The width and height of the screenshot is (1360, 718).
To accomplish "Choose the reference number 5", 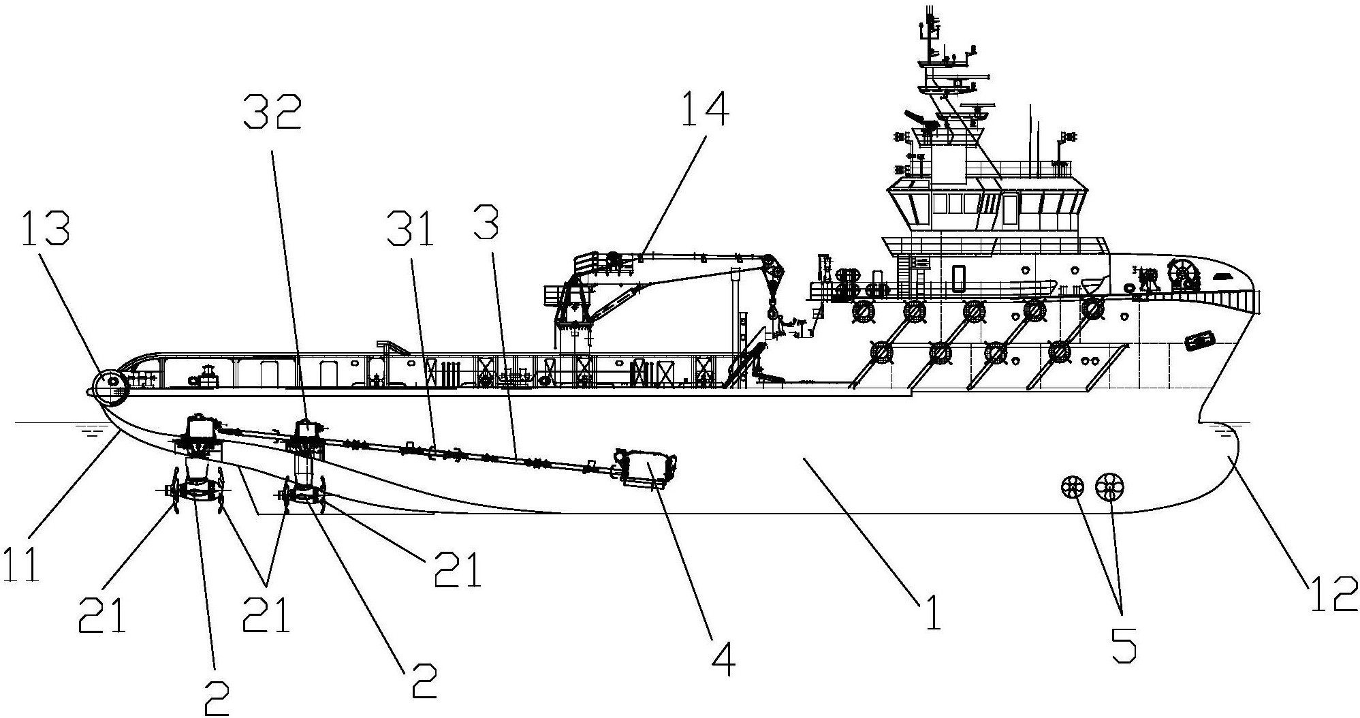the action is coord(1124,644).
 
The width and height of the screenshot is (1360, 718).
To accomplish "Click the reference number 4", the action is coord(722,657).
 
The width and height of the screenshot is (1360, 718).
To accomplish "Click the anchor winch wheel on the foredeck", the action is coord(1183,273).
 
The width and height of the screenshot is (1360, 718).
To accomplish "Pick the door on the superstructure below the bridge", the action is coord(959,277).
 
